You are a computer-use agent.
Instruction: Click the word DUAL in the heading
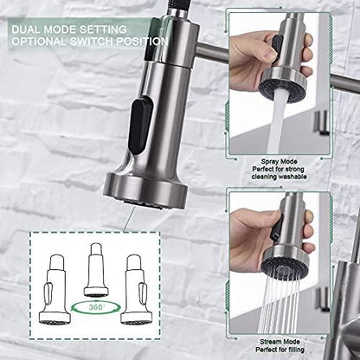(26, 29)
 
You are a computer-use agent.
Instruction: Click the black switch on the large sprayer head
(141, 125)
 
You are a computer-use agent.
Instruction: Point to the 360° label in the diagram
(96, 307)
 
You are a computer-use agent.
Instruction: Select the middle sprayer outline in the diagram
(96, 270)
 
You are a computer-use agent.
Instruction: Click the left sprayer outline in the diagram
(55, 289)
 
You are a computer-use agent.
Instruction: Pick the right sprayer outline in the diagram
(136, 289)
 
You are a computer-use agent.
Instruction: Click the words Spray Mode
(279, 162)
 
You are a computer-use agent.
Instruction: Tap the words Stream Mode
(280, 342)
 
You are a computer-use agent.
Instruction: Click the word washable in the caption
(292, 177)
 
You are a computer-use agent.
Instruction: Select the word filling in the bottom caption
(295, 350)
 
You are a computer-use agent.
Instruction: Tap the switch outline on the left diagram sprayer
(48, 292)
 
